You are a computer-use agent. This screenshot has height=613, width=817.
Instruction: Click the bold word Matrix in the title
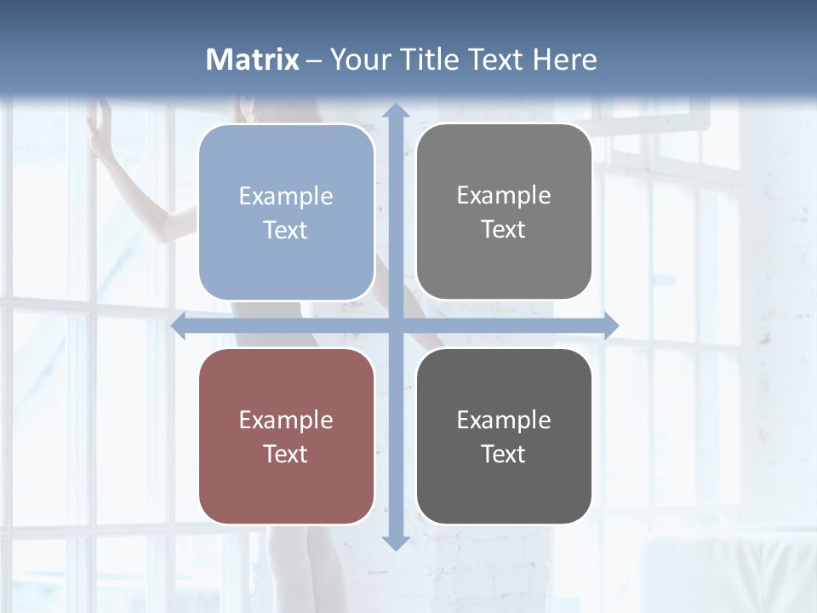click(252, 60)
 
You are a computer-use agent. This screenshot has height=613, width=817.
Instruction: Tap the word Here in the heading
click(564, 60)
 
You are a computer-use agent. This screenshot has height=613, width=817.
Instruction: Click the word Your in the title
click(357, 60)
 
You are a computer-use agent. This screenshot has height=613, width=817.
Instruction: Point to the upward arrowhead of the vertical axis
click(395, 111)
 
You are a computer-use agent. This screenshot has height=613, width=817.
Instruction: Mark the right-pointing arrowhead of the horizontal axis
click(610, 326)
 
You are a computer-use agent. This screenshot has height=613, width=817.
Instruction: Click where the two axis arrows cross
click(395, 326)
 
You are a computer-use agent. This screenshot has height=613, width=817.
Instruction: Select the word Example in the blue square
click(286, 197)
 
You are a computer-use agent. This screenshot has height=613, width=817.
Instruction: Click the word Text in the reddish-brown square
click(286, 454)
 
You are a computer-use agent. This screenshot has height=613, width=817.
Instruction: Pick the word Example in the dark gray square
click(504, 420)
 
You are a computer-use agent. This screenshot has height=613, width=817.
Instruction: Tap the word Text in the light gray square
click(504, 230)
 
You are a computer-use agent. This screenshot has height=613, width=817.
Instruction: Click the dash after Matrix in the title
click(314, 60)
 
